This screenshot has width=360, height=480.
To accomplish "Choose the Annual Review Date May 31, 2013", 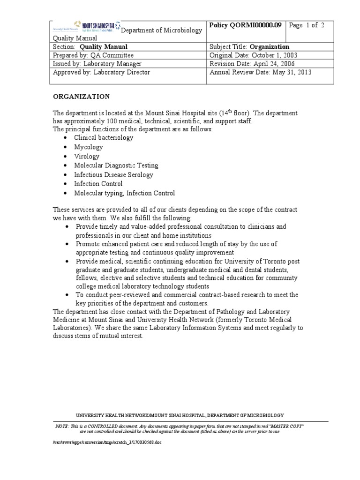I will (260, 72).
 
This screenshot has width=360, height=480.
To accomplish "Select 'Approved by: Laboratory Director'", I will (102, 72).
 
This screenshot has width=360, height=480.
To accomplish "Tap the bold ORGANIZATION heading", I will (81, 97).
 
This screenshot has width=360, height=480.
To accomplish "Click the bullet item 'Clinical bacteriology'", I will (104, 138).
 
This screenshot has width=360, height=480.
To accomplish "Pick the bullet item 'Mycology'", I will (88, 147).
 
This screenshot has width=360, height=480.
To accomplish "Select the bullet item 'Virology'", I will (87, 156).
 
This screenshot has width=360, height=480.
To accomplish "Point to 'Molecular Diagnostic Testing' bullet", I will (116, 165).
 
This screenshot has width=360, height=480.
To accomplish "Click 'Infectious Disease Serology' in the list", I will (113, 175).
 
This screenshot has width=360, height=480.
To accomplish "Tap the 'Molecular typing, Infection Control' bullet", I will (124, 193).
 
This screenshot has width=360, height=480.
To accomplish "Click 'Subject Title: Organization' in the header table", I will (249, 47).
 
